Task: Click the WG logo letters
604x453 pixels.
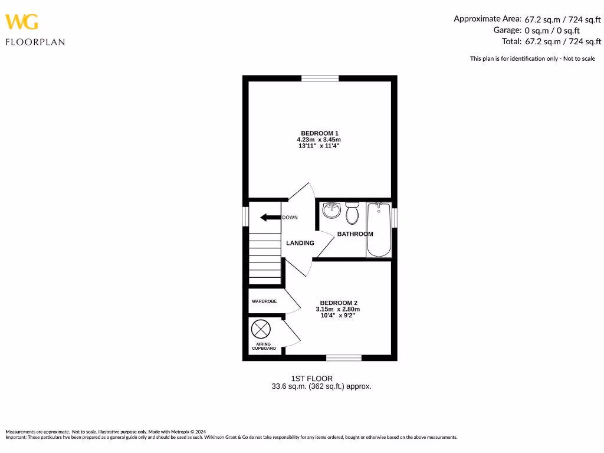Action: pyautogui.click(x=22, y=22)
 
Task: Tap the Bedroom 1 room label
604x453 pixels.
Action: pyautogui.click(x=319, y=133)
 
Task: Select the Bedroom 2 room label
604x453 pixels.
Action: pyautogui.click(x=339, y=303)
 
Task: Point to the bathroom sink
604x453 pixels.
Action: pyautogui.click(x=332, y=210)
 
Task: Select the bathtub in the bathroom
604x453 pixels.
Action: pyautogui.click(x=379, y=229)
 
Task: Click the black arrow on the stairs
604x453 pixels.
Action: pyautogui.click(x=270, y=217)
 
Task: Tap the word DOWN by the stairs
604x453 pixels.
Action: pyautogui.click(x=290, y=218)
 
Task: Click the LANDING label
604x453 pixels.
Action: pyautogui.click(x=300, y=243)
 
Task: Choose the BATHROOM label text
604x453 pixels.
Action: pyautogui.click(x=355, y=234)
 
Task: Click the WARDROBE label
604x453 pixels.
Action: pyautogui.click(x=264, y=301)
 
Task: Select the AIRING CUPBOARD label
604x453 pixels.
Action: pyautogui.click(x=264, y=346)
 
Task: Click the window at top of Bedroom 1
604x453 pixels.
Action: pyautogui.click(x=320, y=78)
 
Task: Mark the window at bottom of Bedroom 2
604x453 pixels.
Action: pyautogui.click(x=344, y=357)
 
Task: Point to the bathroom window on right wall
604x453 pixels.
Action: pyautogui.click(x=395, y=216)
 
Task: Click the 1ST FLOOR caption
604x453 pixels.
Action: pyautogui.click(x=311, y=378)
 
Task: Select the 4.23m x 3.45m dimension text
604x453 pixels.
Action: pyautogui.click(x=319, y=139)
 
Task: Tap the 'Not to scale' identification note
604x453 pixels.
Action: pyautogui.click(x=532, y=58)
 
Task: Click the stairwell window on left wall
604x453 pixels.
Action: pyautogui.click(x=245, y=216)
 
